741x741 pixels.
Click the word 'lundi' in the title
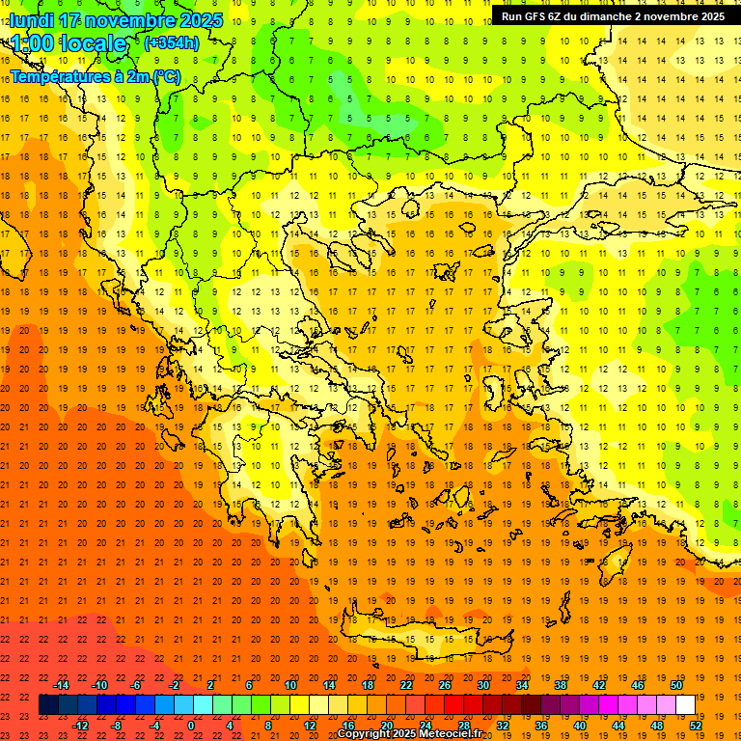(32, 20)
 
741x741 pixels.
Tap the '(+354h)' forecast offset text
(172, 42)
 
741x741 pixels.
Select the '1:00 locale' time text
(69, 43)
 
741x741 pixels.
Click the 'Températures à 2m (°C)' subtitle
(95, 76)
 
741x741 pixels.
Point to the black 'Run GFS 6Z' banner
(614, 16)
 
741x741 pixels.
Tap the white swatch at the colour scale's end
(685, 705)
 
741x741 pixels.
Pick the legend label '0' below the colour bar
(191, 726)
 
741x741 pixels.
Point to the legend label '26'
(445, 685)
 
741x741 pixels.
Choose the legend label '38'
(561, 685)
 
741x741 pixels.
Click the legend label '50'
(675, 685)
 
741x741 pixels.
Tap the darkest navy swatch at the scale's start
(48, 705)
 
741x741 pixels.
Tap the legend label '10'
(290, 685)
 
